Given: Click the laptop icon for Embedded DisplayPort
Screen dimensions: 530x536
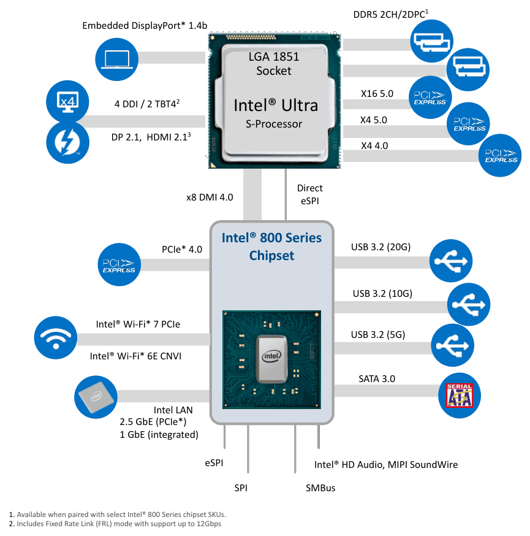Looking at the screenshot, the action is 117,59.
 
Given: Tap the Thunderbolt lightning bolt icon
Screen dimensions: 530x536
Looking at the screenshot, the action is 67,142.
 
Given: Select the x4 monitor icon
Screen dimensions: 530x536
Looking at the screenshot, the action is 67,102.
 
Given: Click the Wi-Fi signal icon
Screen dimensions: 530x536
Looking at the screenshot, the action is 56,338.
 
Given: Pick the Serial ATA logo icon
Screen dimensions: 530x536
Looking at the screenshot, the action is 460,396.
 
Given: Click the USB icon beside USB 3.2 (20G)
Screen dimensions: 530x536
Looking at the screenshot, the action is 451,261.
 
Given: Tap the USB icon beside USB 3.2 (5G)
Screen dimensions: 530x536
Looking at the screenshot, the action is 452,345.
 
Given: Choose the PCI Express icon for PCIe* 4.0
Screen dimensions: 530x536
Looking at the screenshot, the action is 119,264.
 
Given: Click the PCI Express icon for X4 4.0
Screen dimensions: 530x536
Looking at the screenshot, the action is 500,155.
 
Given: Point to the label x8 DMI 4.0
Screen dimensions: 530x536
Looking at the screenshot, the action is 210,197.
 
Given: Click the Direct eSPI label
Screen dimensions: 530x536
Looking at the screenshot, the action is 310,194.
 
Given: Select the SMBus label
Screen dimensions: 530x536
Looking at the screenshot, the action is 320,488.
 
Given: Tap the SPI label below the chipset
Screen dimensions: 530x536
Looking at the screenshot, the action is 241,488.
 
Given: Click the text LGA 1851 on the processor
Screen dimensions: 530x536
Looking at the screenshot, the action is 274,57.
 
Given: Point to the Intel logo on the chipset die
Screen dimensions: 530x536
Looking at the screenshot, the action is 271,356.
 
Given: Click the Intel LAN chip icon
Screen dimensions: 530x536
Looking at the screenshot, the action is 96,397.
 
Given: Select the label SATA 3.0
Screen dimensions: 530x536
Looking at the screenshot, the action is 377,379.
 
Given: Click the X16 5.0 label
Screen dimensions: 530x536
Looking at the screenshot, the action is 377,94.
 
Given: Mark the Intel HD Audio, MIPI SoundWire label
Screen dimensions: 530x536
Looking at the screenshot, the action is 386,465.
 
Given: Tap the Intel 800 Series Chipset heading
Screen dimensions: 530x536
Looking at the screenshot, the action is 272,247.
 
